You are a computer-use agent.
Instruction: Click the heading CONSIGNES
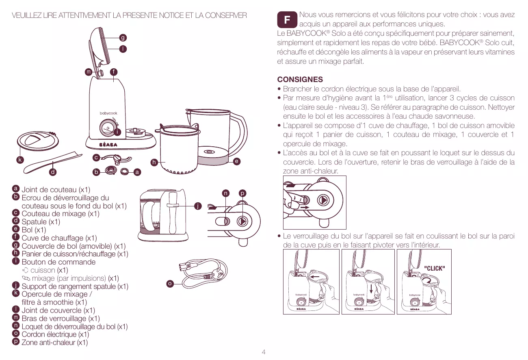300,80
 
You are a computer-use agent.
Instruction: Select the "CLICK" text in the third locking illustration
435,268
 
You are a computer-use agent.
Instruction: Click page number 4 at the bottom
264,352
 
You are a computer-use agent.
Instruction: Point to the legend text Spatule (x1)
41,222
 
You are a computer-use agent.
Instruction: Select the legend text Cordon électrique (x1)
55,334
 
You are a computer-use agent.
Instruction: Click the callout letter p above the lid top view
242,193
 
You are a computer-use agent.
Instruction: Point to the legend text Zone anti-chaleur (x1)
54,343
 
